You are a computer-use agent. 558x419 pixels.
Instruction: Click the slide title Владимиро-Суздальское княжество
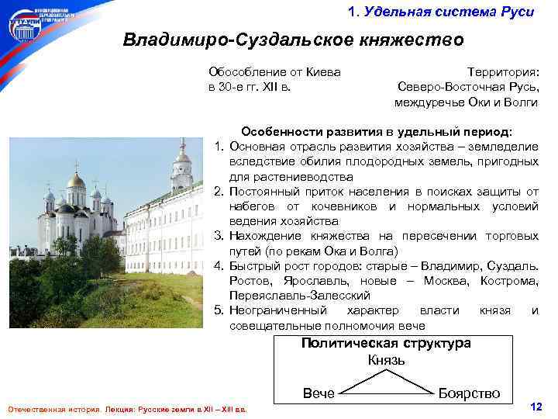[x=293, y=40]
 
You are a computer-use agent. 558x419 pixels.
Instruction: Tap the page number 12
[x=534, y=407]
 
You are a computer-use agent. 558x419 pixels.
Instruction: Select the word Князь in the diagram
[x=386, y=359]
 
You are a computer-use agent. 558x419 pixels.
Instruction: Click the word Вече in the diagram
[x=318, y=393]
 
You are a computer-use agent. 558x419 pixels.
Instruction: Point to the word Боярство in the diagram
[x=469, y=393]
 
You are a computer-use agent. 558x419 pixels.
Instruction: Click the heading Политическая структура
[x=386, y=344]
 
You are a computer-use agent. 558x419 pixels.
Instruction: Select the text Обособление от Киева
[x=274, y=72]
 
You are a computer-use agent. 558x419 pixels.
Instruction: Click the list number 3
[x=219, y=236]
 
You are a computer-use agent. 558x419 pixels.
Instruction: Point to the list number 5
[x=219, y=310]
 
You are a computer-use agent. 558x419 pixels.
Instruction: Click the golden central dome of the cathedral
[x=76, y=181]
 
